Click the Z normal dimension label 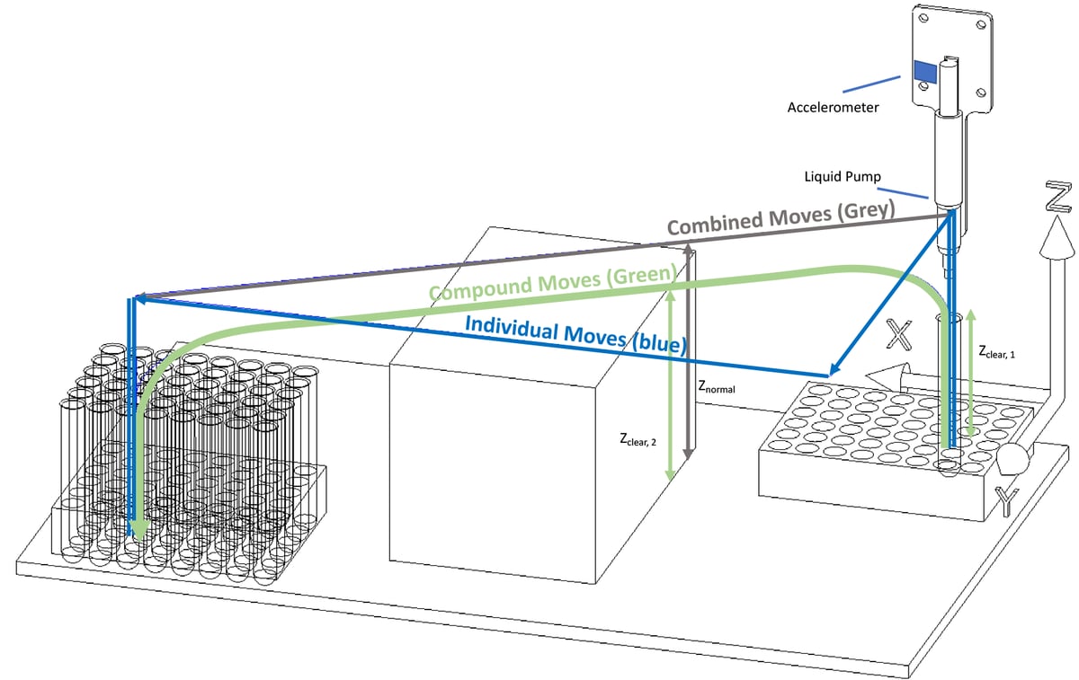[717, 388]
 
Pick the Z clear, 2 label [638, 440]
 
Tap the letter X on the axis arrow [900, 334]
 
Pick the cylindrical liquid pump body [947, 162]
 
